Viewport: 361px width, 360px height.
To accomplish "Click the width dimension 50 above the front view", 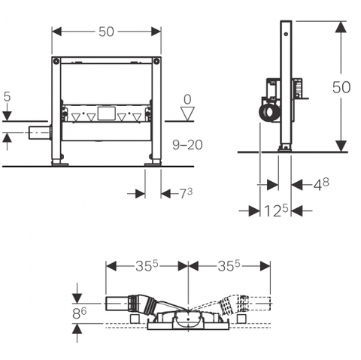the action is [x=106, y=32].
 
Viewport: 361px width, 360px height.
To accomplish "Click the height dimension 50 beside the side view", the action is [x=341, y=87].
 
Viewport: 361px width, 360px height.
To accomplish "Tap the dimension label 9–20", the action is [x=187, y=145].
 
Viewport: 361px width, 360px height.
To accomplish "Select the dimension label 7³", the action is [x=186, y=193].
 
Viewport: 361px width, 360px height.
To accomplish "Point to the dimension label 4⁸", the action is [x=321, y=184].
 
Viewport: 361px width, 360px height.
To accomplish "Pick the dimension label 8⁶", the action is [x=79, y=313].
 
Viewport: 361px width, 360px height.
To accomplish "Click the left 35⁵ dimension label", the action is [x=147, y=265].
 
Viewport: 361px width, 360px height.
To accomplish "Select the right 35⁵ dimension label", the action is [x=229, y=265].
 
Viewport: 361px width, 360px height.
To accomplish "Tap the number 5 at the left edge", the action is [x=8, y=96].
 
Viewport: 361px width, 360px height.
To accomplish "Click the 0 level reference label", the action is [x=187, y=99].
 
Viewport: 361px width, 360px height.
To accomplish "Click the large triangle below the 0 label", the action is [x=187, y=113].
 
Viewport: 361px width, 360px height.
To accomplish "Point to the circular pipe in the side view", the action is [x=270, y=114].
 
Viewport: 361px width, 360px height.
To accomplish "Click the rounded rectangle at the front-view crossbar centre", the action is [x=107, y=113].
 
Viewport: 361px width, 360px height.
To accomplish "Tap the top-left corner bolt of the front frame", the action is [x=56, y=60].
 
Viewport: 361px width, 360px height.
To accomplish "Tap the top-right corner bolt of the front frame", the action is [x=156, y=60].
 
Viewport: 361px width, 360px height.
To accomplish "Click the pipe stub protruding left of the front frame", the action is [x=39, y=132].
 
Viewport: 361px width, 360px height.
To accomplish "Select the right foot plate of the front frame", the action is [x=153, y=165].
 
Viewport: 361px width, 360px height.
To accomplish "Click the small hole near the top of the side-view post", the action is [x=286, y=33].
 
